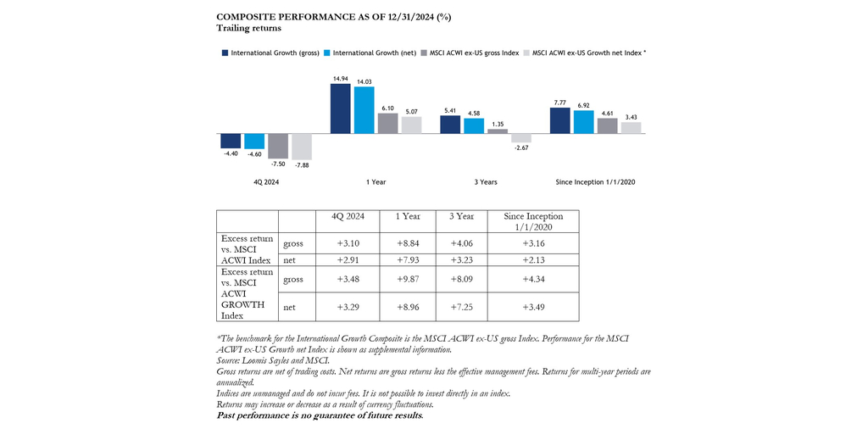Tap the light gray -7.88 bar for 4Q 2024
point(301,147)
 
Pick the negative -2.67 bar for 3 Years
point(521,138)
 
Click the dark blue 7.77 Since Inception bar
point(559,121)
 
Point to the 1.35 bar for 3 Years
point(498,131)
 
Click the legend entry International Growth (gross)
point(270,53)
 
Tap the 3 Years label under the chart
point(485,182)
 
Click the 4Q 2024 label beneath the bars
point(266,182)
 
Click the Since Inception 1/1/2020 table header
point(533,221)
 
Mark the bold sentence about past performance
point(320,415)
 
